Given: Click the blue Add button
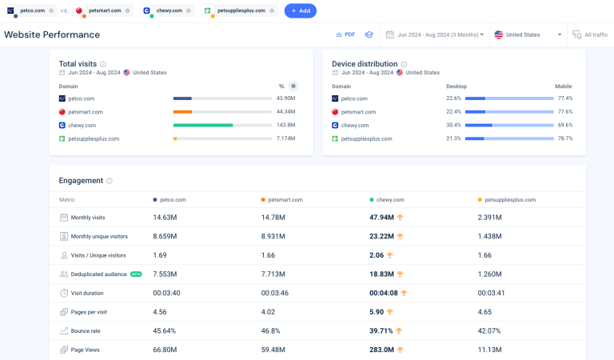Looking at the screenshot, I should point(300,11).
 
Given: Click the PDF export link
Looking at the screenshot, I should point(345,34).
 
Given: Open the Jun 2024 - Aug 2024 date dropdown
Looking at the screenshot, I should point(435,34).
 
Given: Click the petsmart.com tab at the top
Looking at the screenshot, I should point(104,10).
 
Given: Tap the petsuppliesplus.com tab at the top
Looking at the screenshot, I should point(239,10).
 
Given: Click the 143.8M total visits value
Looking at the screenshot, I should point(285,125).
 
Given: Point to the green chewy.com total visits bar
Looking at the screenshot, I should point(203,125).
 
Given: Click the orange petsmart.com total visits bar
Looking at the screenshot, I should point(182,112).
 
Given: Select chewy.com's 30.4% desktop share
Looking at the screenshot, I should point(453,125).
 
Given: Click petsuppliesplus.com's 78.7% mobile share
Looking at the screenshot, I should point(564,138).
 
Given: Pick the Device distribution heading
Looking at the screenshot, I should point(365,64).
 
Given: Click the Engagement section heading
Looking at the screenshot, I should point(81,181).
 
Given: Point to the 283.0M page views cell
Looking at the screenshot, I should point(381,350).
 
